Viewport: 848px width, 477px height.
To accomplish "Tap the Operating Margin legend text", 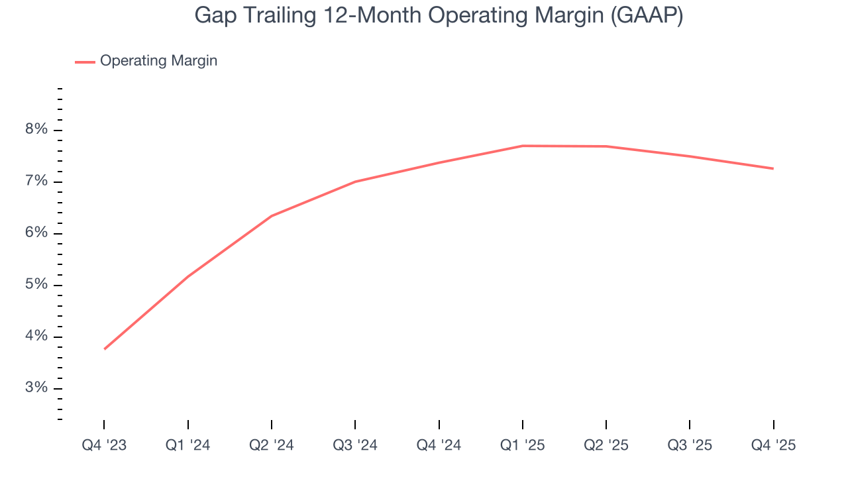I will (158, 61).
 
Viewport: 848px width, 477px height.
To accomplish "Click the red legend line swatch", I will (85, 62).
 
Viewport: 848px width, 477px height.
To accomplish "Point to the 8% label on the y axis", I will (36, 130).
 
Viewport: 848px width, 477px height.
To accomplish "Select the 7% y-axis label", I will (36, 182).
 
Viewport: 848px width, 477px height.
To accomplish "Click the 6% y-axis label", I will (36, 233).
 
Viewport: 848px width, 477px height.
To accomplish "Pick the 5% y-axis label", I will (36, 285).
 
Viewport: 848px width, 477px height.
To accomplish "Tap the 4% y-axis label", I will (36, 337).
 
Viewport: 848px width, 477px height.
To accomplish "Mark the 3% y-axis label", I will (36, 388).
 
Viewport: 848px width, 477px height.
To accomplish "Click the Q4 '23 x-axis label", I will (104, 445).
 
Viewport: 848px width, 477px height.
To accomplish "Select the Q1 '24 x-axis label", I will (188, 445).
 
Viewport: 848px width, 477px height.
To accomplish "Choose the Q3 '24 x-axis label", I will (355, 445).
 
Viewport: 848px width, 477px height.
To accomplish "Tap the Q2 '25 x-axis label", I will (606, 445).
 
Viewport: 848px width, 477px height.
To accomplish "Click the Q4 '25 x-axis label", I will (773, 445).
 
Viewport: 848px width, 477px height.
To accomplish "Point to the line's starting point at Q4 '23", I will (105, 348).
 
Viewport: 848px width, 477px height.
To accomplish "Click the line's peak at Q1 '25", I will (523, 146).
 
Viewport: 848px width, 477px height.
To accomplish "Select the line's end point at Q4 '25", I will (773, 168).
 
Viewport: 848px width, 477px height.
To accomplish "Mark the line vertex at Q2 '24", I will (272, 216).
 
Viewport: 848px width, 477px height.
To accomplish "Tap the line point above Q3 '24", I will (355, 182).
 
